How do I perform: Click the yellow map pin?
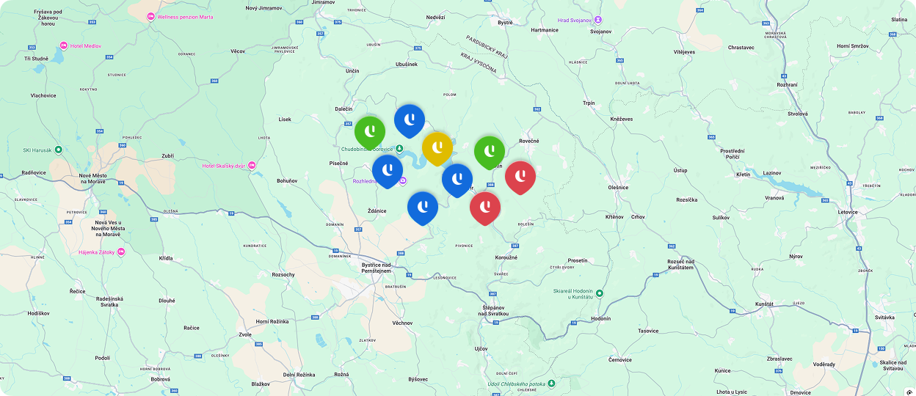point(437,146)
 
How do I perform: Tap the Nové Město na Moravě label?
point(94,181)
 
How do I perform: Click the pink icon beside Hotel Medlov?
point(64,45)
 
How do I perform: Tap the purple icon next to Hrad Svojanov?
point(597,20)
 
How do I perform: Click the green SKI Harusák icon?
point(59,150)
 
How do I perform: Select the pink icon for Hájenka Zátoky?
point(121,252)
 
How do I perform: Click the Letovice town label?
point(847,212)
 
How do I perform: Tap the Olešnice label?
point(618,187)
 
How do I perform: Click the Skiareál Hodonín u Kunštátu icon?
point(599,293)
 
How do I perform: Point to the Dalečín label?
point(343,109)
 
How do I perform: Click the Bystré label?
point(505,23)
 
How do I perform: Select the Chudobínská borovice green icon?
point(399,149)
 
